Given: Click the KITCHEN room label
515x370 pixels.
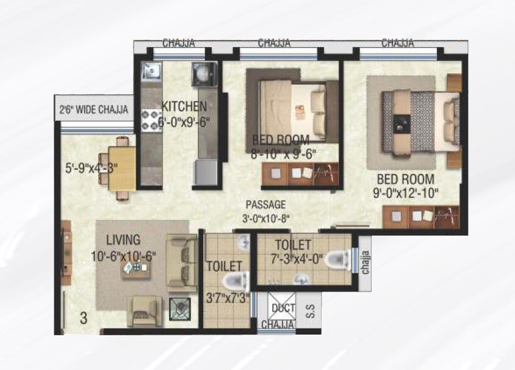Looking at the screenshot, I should [x=184, y=106].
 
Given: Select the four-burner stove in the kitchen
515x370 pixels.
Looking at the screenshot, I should [x=150, y=120].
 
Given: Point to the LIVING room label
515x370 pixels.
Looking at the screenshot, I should [x=123, y=239].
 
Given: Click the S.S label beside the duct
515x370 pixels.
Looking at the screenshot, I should [x=310, y=312].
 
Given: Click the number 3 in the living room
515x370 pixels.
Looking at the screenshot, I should [x=83, y=317].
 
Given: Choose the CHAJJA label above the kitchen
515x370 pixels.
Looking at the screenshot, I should [x=178, y=43].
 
